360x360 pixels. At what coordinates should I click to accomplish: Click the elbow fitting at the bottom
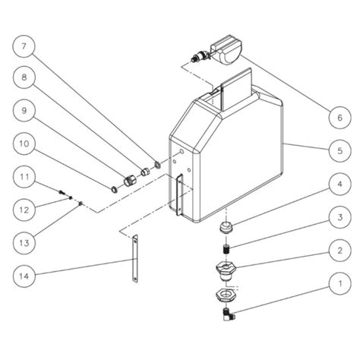coord(227,312)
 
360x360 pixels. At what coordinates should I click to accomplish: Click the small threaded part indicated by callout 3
coord(225,248)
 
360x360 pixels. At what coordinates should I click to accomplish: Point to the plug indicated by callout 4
coord(225,228)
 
